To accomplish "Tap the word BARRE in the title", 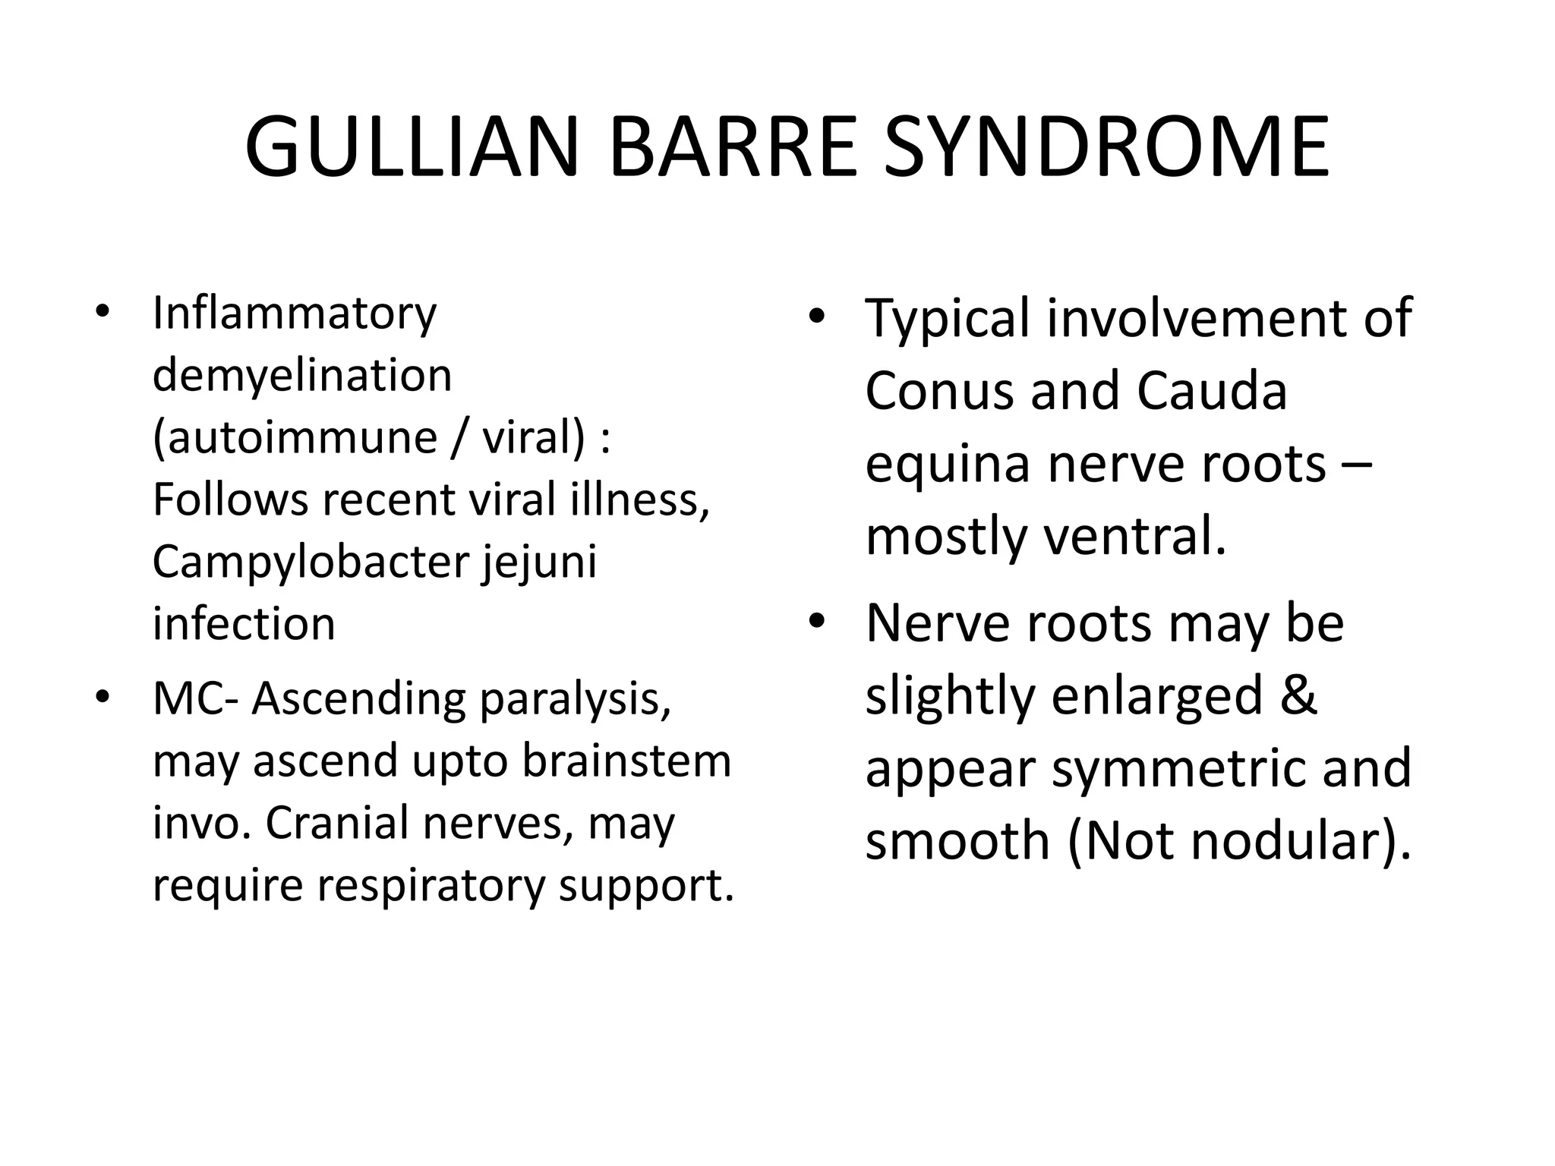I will tap(732, 147).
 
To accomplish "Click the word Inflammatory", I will tap(295, 314).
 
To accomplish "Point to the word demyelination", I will tap(302, 375).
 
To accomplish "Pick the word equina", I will tap(948, 465).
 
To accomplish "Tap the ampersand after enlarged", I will tap(1298, 695).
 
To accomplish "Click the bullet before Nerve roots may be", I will tap(816, 622).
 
